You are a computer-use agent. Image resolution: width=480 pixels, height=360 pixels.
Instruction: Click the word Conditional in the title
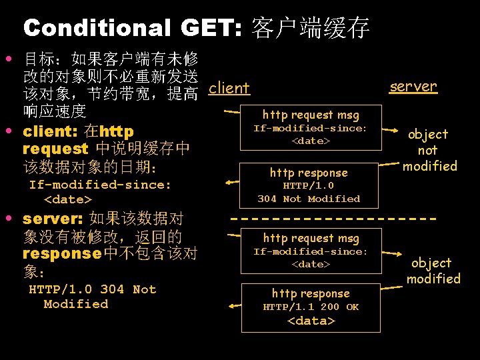97,28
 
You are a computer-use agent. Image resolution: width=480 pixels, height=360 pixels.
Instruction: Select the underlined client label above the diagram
229,88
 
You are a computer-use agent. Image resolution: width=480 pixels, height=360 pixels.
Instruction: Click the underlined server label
413,86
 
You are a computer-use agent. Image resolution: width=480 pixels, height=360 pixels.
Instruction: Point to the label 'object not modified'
428,150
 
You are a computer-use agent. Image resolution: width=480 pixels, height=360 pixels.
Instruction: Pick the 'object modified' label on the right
433,271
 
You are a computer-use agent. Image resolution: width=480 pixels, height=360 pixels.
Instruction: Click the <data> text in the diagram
311,321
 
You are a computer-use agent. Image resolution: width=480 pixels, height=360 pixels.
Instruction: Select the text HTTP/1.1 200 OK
311,307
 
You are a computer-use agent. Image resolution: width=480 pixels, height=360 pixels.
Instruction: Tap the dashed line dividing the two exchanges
333,218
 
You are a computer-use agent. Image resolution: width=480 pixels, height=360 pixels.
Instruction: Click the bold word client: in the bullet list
51,131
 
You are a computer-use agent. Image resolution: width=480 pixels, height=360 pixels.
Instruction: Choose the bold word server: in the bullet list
53,219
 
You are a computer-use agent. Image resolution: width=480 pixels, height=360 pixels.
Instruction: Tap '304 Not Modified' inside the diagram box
309,199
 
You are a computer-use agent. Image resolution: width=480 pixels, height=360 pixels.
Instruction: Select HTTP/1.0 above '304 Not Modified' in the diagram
308,186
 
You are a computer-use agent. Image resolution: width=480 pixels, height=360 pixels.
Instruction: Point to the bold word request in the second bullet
55,149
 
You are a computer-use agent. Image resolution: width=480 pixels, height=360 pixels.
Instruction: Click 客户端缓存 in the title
311,28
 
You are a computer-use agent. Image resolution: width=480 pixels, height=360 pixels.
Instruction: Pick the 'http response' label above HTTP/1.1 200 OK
310,293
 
